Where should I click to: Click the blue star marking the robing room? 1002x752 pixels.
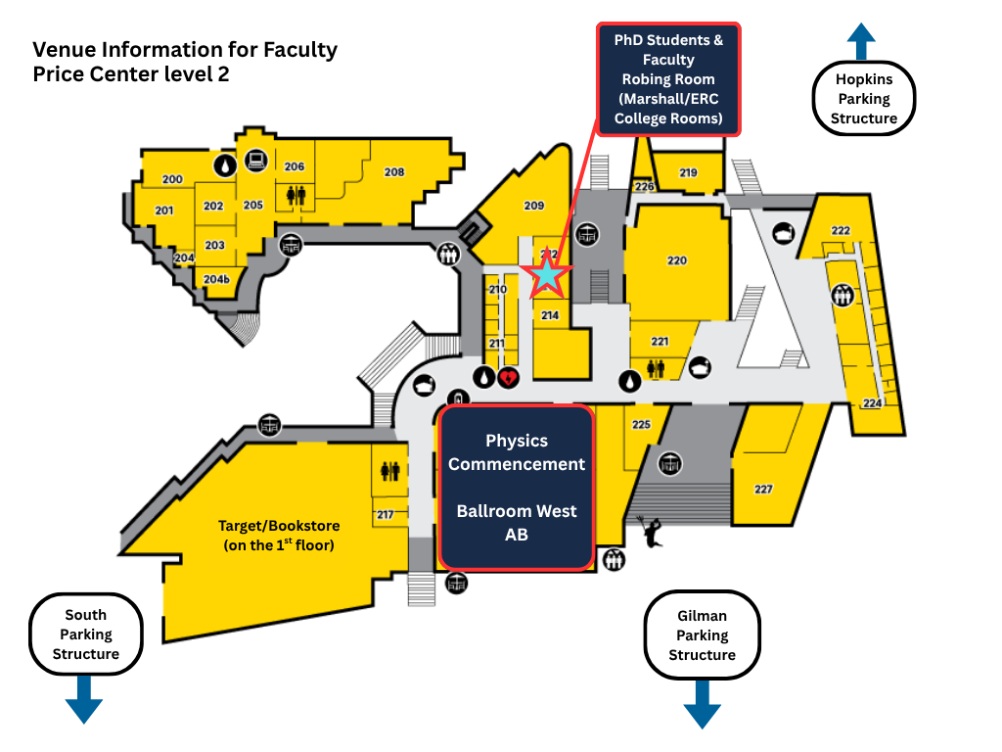click(546, 276)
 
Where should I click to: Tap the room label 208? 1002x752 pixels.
click(393, 172)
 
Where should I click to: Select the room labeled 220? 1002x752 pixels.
click(677, 260)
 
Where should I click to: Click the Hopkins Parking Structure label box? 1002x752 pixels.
click(864, 99)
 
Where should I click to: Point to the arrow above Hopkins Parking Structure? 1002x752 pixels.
click(861, 42)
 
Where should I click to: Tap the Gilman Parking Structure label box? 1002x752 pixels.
click(702, 635)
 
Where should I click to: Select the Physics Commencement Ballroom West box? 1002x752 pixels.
click(516, 487)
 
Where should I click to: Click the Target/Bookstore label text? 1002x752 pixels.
click(279, 536)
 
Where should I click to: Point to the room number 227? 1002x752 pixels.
click(763, 489)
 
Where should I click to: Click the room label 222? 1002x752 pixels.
click(841, 230)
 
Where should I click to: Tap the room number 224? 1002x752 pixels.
click(872, 403)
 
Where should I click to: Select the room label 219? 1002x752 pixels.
click(688, 173)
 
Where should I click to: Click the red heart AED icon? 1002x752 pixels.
click(508, 376)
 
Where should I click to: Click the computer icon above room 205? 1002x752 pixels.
click(256, 161)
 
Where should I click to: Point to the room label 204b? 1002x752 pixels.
click(216, 280)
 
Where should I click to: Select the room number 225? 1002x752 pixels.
click(641, 424)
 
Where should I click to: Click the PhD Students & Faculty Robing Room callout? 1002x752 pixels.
click(669, 79)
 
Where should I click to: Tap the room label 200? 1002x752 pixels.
click(172, 179)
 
